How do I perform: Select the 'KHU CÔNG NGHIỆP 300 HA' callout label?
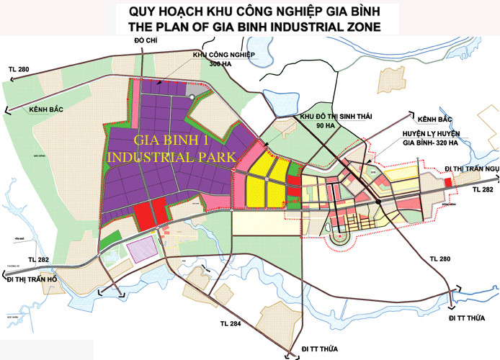click(x=220, y=58)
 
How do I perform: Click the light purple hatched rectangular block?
click(x=143, y=249)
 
